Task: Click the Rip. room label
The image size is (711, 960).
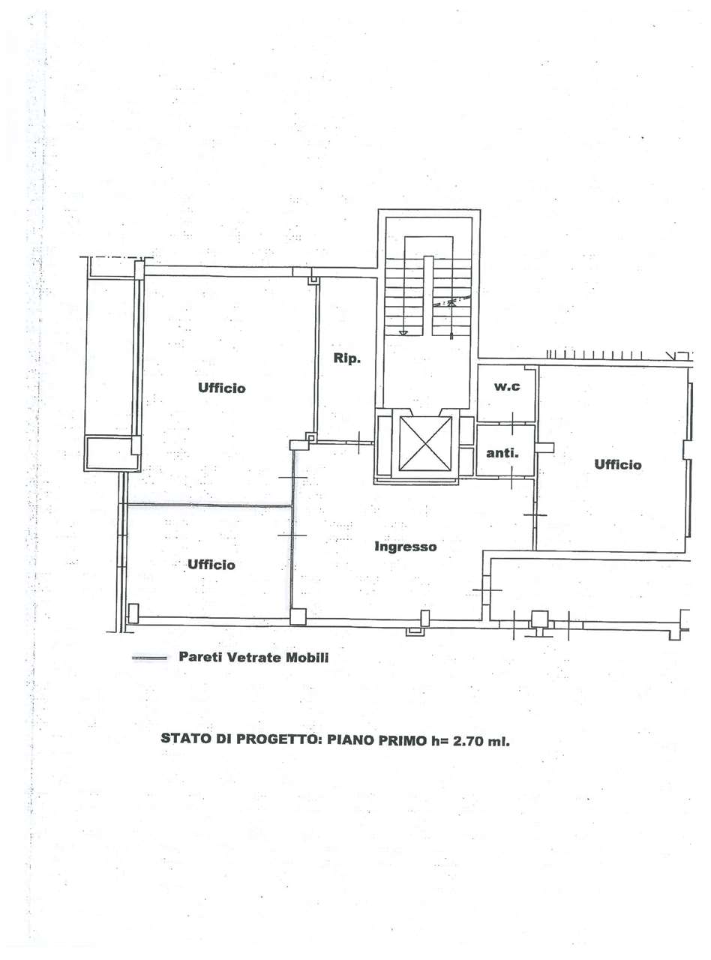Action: (x=346, y=358)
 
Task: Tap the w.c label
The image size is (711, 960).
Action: (x=507, y=386)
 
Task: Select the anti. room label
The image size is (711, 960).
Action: (x=502, y=453)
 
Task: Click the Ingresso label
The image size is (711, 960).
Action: (x=405, y=547)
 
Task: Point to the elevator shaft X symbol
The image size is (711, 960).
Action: (x=425, y=443)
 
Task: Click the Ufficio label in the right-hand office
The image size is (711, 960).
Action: (x=618, y=465)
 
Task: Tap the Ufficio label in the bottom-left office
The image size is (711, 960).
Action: (x=211, y=565)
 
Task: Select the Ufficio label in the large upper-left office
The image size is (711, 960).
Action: (x=222, y=388)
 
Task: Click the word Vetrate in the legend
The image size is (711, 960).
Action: (x=254, y=657)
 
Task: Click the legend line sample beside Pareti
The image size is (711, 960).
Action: (x=149, y=658)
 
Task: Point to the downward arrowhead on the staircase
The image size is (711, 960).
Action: (x=403, y=333)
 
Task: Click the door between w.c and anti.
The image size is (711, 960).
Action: (x=513, y=424)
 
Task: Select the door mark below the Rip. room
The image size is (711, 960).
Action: (x=359, y=442)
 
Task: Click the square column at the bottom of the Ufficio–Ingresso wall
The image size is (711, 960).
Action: (x=298, y=616)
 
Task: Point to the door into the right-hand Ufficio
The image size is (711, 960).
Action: (x=535, y=515)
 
